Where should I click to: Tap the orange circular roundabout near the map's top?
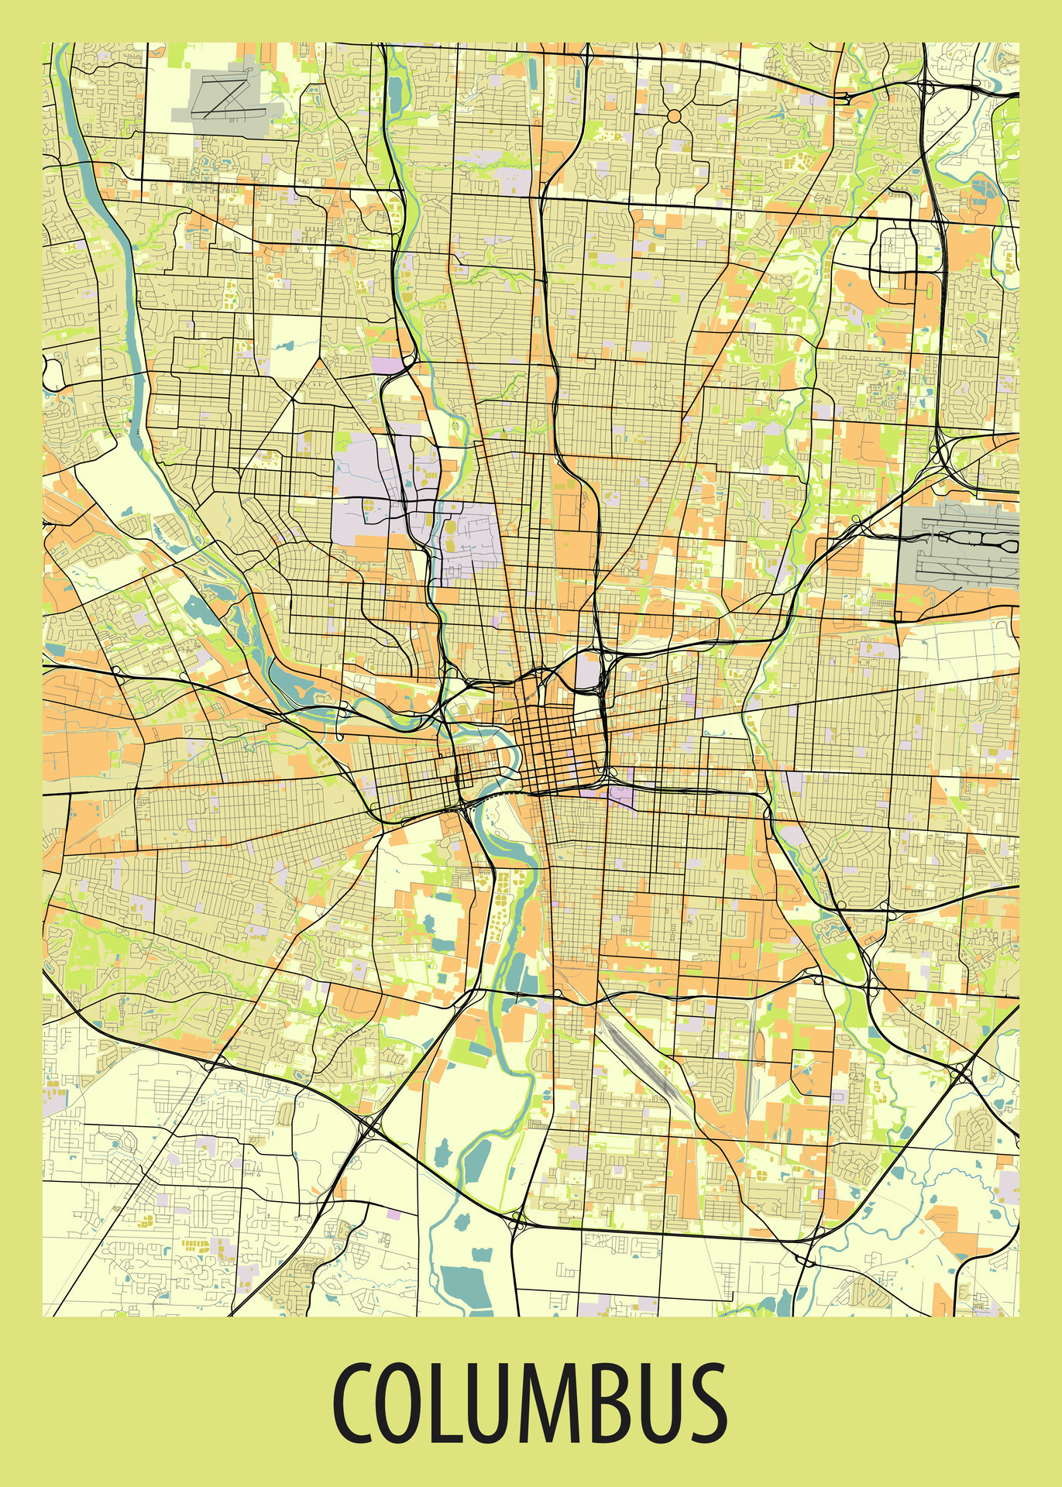tap(673, 115)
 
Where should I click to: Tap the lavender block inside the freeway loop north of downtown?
tap(589, 671)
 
